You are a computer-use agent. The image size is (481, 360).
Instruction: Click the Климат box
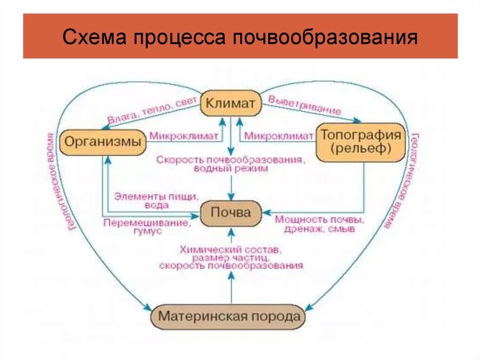(231, 103)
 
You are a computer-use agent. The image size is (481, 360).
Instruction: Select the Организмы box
(103, 142)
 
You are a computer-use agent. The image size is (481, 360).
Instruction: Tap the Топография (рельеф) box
(361, 142)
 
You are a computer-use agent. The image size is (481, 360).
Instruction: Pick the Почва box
(231, 213)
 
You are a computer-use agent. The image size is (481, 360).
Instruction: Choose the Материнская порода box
(229, 316)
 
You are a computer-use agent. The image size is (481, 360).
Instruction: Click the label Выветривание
(304, 105)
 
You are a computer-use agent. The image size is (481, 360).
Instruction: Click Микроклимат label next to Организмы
(184, 136)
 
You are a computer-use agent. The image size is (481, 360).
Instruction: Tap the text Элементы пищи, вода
(156, 200)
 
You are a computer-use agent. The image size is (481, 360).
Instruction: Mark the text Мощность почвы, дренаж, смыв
(320, 224)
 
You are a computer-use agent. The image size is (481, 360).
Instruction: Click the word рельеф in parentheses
(361, 149)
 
